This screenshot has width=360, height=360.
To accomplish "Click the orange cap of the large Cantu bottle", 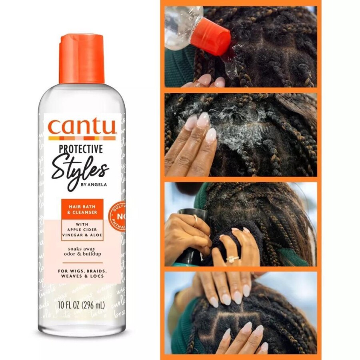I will point(82,59).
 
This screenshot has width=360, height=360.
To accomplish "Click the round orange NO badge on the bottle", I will point(120,216).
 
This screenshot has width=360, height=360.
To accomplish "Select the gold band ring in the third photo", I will point(195,219).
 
